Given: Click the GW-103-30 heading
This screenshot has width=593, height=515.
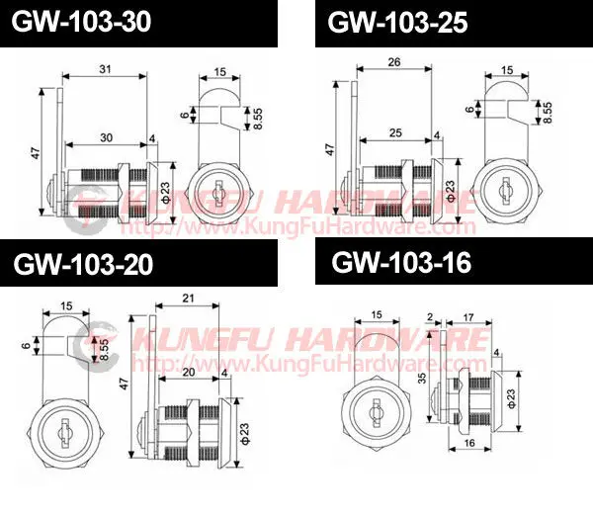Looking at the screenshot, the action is (x=81, y=22).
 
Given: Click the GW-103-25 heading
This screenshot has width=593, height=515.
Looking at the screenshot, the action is (x=397, y=23).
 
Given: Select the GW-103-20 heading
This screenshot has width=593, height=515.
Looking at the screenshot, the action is (x=83, y=264).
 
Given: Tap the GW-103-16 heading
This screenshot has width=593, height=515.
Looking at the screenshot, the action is (x=401, y=262).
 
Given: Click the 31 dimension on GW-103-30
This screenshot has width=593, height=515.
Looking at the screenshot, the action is (x=105, y=69).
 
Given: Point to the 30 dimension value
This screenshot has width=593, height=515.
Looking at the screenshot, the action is (x=107, y=137).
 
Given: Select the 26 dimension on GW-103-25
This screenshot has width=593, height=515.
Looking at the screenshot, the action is (x=394, y=62).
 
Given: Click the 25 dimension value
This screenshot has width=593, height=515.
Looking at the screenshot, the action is (x=395, y=132).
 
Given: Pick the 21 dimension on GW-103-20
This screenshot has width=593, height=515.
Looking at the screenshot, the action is (x=188, y=299).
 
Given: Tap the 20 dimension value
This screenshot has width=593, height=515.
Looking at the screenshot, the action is (x=189, y=372).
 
